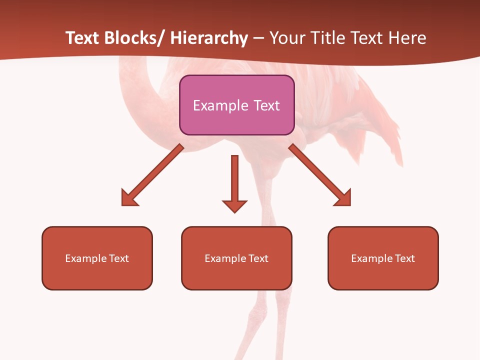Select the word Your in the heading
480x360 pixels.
[x=287, y=38]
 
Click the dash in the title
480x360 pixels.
[x=258, y=38]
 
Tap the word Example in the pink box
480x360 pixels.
[x=220, y=105]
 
